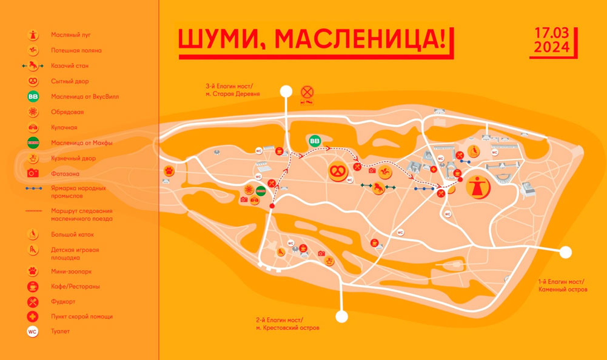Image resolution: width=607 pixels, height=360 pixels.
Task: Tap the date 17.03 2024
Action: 551,41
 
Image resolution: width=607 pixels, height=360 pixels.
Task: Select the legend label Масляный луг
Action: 71,35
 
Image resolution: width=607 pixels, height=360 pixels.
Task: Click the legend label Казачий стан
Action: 70,65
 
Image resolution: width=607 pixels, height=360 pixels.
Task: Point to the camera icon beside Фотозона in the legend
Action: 33,173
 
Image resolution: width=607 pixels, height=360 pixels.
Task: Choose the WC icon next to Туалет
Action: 33,332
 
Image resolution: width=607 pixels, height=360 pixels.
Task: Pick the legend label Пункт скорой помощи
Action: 82,316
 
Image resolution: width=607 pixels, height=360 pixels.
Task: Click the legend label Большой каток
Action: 72,235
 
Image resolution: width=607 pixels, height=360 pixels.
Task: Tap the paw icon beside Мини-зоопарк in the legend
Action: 33,272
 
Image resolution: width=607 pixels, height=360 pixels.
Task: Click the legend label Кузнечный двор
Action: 73,158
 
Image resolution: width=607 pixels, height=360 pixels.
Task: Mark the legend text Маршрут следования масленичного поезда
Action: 82,215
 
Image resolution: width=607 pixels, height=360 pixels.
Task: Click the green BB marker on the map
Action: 315,141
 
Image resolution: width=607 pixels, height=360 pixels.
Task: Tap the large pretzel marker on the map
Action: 337,171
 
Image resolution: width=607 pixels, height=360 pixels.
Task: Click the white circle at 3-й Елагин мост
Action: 286,92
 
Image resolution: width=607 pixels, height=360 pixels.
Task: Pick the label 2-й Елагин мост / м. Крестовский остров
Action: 287,324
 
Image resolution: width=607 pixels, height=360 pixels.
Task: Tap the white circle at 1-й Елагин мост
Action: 566,252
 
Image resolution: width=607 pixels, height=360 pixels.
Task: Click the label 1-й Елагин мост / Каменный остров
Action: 560,285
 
